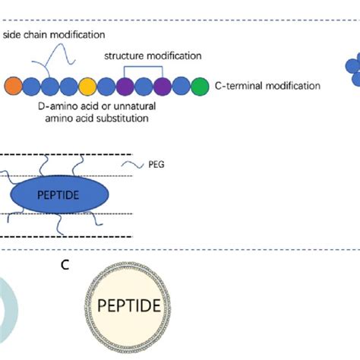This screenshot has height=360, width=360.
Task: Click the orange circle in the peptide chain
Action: pyautogui.click(x=13, y=86)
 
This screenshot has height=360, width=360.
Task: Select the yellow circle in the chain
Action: pyautogui.click(x=87, y=86)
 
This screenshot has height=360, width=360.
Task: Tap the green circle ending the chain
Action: pyautogui.click(x=200, y=86)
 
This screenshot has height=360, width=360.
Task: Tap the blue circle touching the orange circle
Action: pyautogui.click(x=32, y=86)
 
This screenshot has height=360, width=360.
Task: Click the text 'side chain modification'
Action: pyautogui.click(x=54, y=35)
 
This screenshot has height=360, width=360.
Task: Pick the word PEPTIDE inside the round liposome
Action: pyautogui.click(x=129, y=306)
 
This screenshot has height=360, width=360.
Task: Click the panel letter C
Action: pyautogui.click(x=66, y=265)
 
